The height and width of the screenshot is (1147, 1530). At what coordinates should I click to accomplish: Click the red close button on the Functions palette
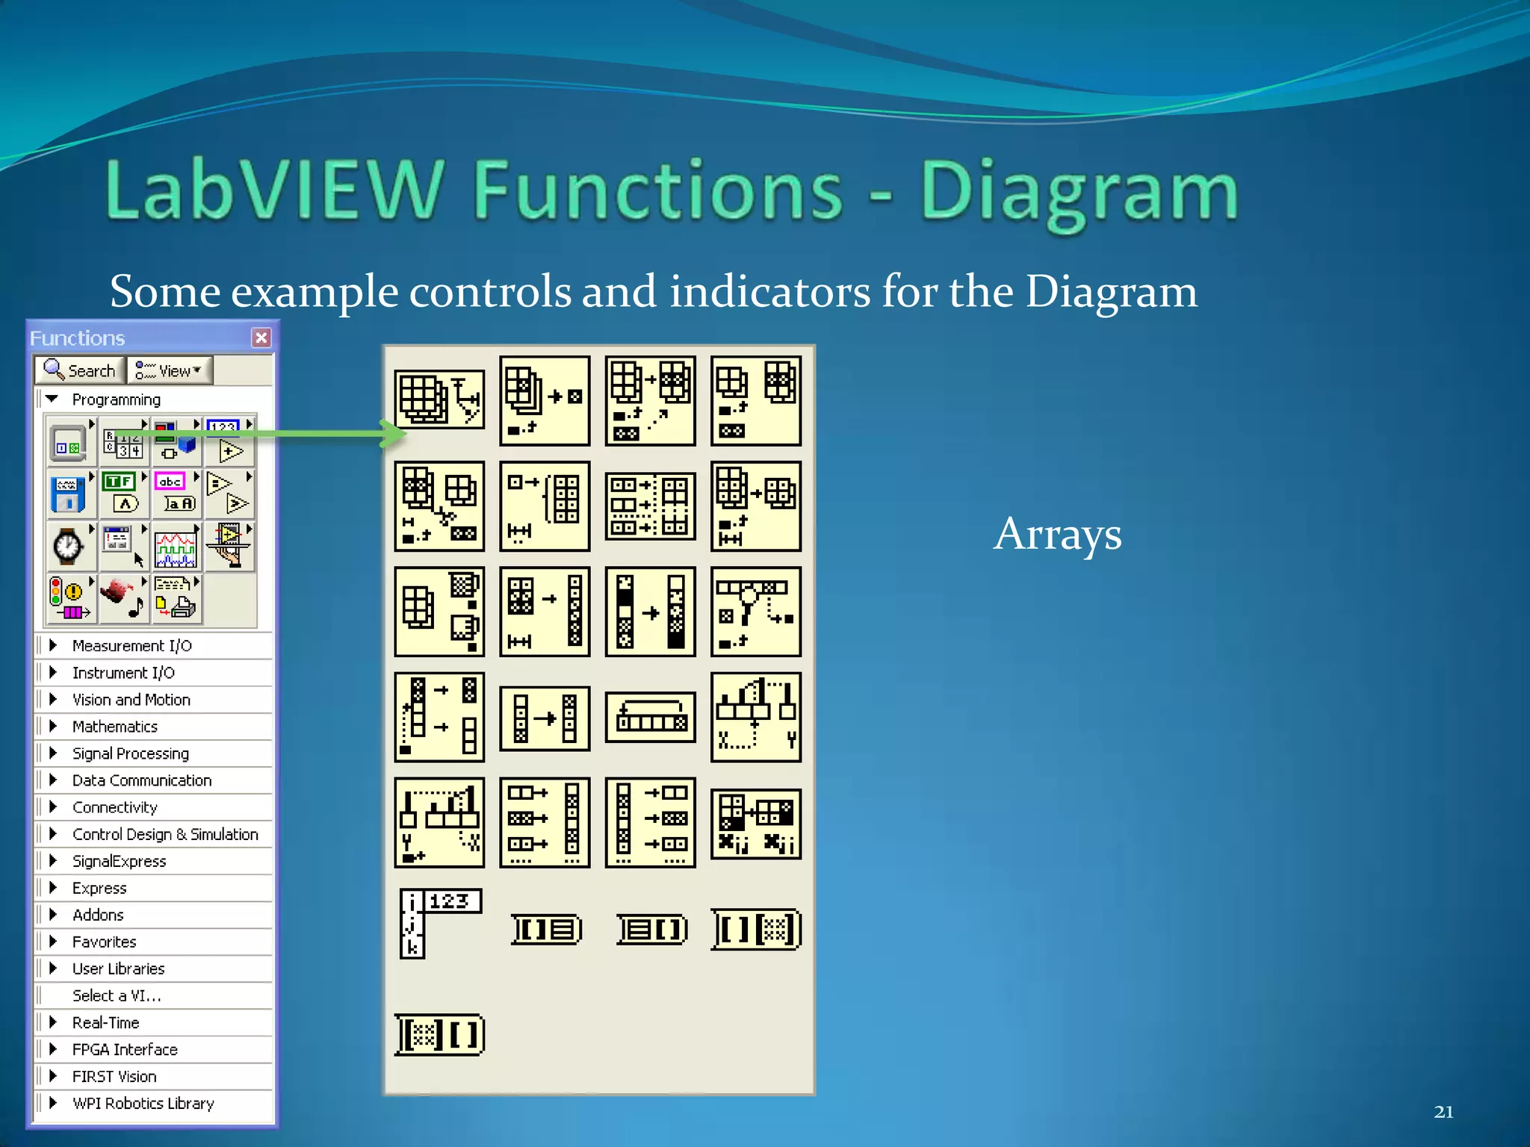pos(261,338)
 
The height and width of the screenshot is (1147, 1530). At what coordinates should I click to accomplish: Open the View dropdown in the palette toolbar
pos(170,370)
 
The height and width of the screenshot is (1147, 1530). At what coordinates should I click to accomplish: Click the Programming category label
pos(116,400)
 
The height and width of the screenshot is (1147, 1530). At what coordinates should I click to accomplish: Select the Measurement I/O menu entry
pos(131,646)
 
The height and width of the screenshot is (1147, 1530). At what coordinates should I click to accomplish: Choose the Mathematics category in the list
pos(114,727)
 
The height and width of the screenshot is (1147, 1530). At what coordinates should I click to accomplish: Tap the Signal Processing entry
pos(130,753)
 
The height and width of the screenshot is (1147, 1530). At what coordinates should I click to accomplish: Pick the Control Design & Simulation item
pos(164,834)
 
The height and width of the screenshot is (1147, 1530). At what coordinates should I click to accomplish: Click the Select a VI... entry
pos(116,995)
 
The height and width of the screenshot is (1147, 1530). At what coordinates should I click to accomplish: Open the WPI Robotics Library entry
pos(142,1103)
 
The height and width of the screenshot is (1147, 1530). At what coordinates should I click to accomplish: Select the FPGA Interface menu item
pos(124,1049)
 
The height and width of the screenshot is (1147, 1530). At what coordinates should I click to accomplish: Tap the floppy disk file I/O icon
pos(68,494)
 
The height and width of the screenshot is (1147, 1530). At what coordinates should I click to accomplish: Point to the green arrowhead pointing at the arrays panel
pos(394,433)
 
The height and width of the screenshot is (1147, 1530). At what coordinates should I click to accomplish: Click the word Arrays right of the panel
pos(1057,535)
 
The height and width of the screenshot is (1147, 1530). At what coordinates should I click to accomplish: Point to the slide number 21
pos(1443,1112)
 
